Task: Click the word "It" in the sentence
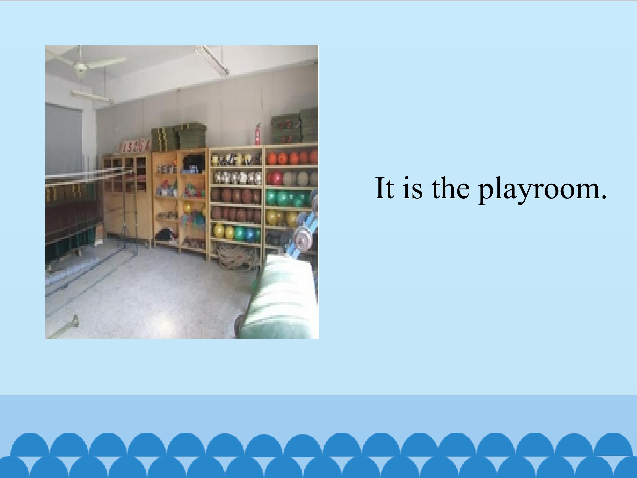click(384, 188)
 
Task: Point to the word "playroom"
click(538, 190)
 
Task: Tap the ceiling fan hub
click(80, 68)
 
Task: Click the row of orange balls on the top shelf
click(292, 158)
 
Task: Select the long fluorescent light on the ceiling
click(212, 60)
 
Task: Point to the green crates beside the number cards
click(178, 137)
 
